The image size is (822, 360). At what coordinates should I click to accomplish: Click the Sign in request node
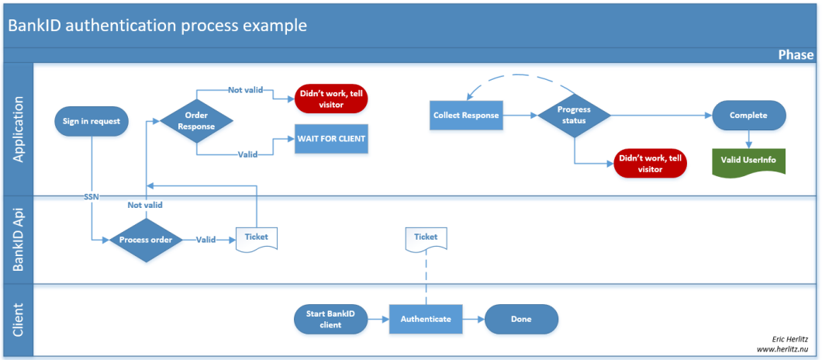click(x=91, y=121)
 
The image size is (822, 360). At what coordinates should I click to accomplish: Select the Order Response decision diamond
click(x=197, y=121)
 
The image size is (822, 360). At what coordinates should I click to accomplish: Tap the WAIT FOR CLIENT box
click(x=330, y=139)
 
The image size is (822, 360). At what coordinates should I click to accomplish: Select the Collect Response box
click(x=466, y=116)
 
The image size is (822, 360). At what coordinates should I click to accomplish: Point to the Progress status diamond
click(x=574, y=116)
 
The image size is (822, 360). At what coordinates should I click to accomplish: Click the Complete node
click(x=748, y=116)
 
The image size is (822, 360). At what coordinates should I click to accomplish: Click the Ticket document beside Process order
click(x=257, y=237)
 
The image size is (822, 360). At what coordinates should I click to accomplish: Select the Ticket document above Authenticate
click(x=425, y=237)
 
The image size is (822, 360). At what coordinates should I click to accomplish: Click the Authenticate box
click(x=425, y=319)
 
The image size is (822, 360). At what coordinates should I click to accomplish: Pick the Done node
click(x=521, y=319)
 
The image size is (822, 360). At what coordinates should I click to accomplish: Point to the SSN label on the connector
click(x=91, y=196)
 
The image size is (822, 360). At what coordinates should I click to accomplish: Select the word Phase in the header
click(x=796, y=55)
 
